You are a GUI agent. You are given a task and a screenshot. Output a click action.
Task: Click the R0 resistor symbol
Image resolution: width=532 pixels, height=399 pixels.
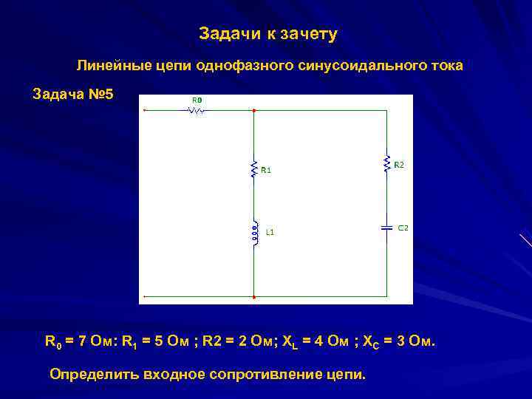tap(197, 111)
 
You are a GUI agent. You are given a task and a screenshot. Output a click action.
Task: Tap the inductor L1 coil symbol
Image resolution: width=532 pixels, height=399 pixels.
tap(254, 232)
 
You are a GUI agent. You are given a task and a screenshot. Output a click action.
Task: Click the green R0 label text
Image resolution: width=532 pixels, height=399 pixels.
tap(197, 100)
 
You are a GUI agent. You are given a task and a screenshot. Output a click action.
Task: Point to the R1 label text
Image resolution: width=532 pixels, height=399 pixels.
tap(266, 170)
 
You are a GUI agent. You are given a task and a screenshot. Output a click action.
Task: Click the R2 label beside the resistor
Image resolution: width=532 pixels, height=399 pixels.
tap(399, 165)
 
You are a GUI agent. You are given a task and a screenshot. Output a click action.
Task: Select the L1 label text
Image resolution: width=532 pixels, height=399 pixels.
tap(270, 232)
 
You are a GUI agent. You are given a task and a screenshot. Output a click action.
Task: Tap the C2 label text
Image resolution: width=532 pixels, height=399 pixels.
tap(403, 228)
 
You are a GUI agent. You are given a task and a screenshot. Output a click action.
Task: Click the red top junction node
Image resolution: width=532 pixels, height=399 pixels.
tap(254, 111)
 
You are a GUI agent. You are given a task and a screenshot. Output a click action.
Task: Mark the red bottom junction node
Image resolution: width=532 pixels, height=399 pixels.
tap(254, 296)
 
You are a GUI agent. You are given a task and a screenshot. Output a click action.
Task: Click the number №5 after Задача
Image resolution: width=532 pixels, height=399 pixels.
tap(100, 95)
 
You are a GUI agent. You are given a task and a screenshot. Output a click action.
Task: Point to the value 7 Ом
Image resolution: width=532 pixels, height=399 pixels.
tap(93, 342)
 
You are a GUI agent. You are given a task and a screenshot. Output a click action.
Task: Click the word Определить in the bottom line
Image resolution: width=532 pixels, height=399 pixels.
tap(90, 374)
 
